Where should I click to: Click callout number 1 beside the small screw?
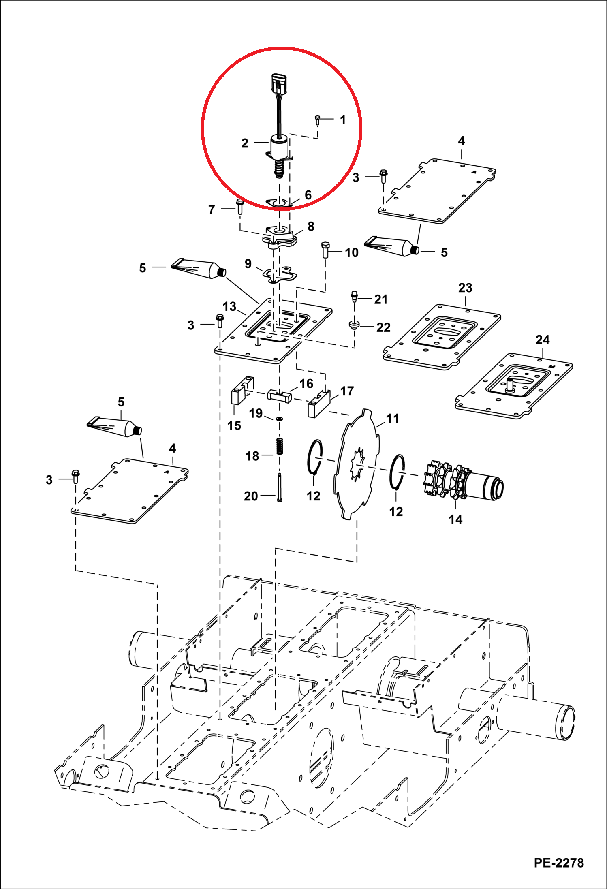click(x=343, y=120)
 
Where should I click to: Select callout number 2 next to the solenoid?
click(x=245, y=143)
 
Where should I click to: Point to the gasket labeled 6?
click(x=279, y=202)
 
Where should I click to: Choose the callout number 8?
click(x=311, y=227)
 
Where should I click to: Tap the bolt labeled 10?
click(x=325, y=250)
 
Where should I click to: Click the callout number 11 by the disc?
click(x=392, y=419)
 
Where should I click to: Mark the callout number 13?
click(x=229, y=306)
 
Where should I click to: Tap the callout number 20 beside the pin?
click(x=251, y=496)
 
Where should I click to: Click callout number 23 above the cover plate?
click(x=465, y=288)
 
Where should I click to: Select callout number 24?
click(x=543, y=340)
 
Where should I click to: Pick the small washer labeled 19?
click(x=280, y=419)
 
